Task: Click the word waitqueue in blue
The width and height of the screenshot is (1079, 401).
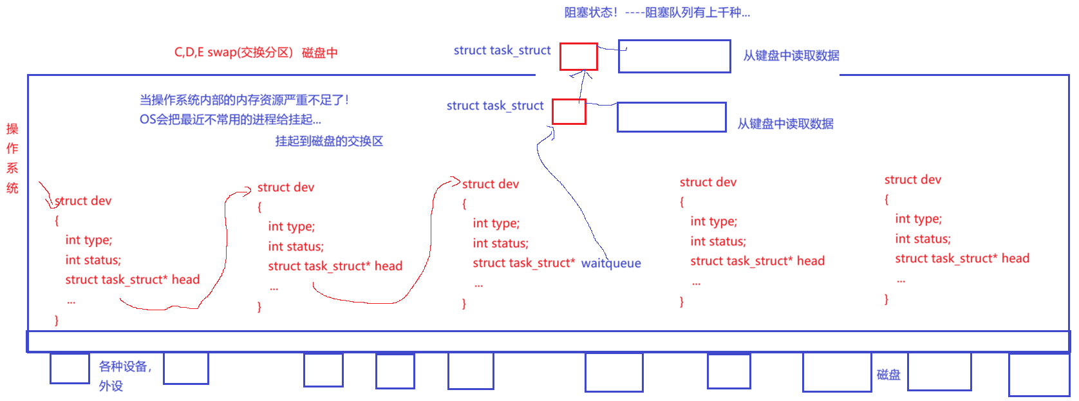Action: pyautogui.click(x=611, y=263)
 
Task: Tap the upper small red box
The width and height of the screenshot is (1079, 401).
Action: pyautogui.click(x=578, y=57)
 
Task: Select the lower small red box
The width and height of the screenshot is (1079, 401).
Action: pyautogui.click(x=569, y=111)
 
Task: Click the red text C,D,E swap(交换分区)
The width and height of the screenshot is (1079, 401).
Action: pyautogui.click(x=234, y=53)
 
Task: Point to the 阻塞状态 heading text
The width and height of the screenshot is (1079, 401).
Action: pyautogui.click(x=590, y=12)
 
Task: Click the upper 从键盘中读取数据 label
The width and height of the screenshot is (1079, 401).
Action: pyautogui.click(x=791, y=56)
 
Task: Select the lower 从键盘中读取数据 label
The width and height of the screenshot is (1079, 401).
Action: pyautogui.click(x=785, y=124)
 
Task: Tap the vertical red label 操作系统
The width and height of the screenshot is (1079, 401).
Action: pyautogui.click(x=12, y=158)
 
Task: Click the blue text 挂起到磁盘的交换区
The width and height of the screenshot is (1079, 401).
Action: pyautogui.click(x=329, y=141)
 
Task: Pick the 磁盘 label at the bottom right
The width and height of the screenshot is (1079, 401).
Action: pyautogui.click(x=888, y=375)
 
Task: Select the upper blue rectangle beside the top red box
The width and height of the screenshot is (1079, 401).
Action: pyautogui.click(x=674, y=56)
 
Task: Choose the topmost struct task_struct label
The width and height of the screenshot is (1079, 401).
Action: pyautogui.click(x=502, y=50)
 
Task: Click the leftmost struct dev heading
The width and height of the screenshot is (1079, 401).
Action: pyautogui.click(x=84, y=201)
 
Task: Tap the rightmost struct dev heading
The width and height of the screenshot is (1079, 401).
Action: pyautogui.click(x=913, y=180)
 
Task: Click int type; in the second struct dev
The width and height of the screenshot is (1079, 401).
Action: pyautogui.click(x=292, y=227)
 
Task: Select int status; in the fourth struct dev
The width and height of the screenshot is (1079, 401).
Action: pyautogui.click(x=718, y=241)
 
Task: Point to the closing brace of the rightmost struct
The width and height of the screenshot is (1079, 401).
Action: pyautogui.click(x=887, y=299)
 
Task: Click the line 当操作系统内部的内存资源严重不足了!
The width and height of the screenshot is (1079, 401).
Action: pyautogui.click(x=245, y=100)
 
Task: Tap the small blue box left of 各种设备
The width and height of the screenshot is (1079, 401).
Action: pyautogui.click(x=70, y=369)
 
